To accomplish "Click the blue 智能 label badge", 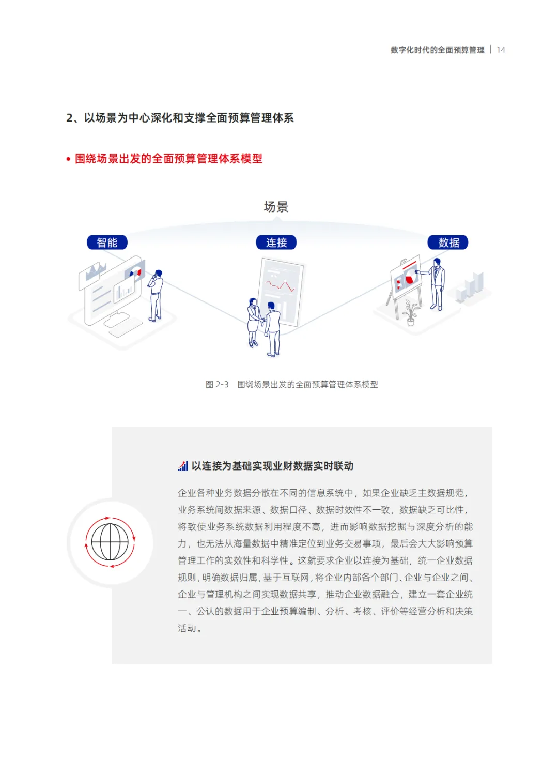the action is pyautogui.click(x=107, y=242).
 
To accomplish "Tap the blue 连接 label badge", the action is pyautogui.click(x=276, y=242).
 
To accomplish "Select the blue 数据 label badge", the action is pyautogui.click(x=448, y=242).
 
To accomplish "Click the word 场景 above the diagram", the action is pyautogui.click(x=276, y=207).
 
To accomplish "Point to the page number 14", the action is pyautogui.click(x=501, y=50).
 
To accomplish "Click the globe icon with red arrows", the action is pyautogui.click(x=110, y=542).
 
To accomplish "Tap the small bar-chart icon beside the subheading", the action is pyautogui.click(x=183, y=466).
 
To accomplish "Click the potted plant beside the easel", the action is pyautogui.click(x=411, y=312).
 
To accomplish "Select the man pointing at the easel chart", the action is pyautogui.click(x=437, y=284).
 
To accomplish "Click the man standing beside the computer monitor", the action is pyautogui.click(x=156, y=295).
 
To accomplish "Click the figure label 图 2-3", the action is pyautogui.click(x=217, y=384).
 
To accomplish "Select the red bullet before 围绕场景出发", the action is pyautogui.click(x=68, y=159).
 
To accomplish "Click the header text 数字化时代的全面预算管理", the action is pyautogui.click(x=437, y=50).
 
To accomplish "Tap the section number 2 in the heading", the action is pyautogui.click(x=69, y=118).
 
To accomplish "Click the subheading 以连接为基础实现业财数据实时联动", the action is pyautogui.click(x=272, y=466).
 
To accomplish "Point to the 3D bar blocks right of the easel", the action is pyautogui.click(x=471, y=288).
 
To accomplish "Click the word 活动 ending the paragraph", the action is pyautogui.click(x=187, y=628).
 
